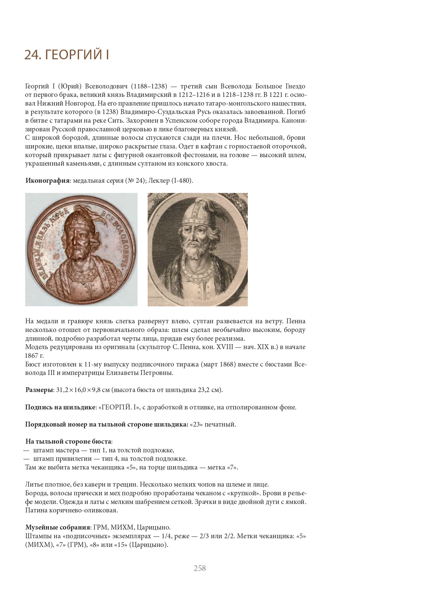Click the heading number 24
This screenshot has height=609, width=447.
(32, 55)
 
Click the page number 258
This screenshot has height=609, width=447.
(200, 568)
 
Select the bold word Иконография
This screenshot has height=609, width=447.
(47, 181)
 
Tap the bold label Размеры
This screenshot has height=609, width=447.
(39, 390)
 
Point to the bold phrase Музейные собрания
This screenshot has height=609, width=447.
(58, 527)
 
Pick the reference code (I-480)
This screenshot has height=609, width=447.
(182, 181)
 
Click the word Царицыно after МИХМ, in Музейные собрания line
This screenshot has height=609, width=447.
(153, 527)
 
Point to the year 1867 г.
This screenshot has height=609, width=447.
(34, 355)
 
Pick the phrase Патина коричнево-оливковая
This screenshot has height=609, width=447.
(71, 510)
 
